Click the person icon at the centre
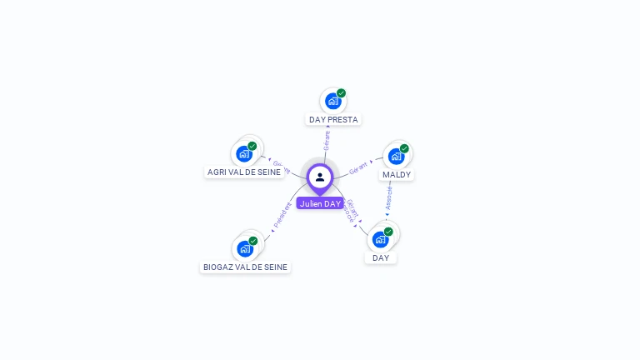[x=320, y=177]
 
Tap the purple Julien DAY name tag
[x=320, y=203]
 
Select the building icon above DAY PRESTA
[x=333, y=102]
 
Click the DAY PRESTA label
[x=333, y=120]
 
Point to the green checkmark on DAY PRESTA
[x=342, y=93]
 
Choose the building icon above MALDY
[x=396, y=156]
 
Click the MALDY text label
[x=397, y=175]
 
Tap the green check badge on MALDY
[x=404, y=148]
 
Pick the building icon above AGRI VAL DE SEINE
[x=244, y=153]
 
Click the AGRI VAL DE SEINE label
[x=244, y=172]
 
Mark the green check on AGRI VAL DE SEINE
[x=252, y=146]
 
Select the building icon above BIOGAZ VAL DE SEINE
[x=245, y=248]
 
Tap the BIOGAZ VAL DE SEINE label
[x=246, y=267]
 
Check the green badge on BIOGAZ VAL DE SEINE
[x=253, y=241]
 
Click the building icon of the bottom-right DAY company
[x=381, y=239]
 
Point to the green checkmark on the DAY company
[x=388, y=232]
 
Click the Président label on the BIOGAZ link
[x=282, y=216]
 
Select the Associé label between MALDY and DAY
[x=388, y=198]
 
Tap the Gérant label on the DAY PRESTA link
[x=327, y=140]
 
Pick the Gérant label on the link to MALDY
[x=358, y=166]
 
